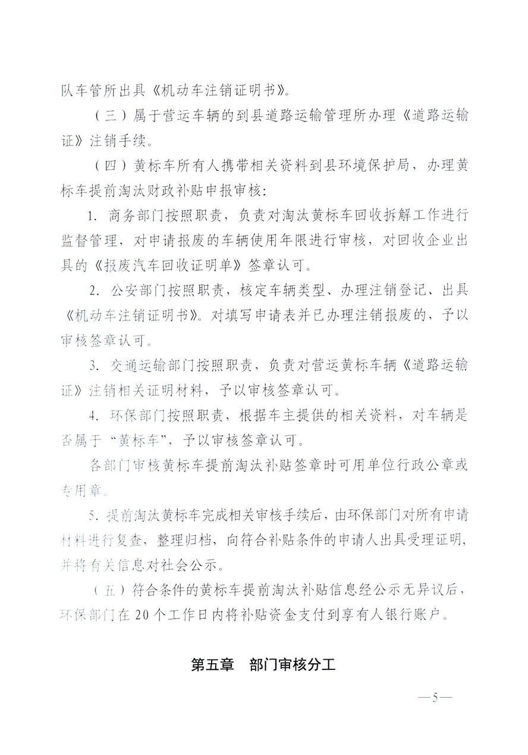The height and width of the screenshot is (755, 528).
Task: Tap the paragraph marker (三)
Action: tap(107, 116)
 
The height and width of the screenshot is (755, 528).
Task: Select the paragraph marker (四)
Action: tap(107, 166)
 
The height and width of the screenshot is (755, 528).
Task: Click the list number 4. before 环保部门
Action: tap(93, 415)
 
